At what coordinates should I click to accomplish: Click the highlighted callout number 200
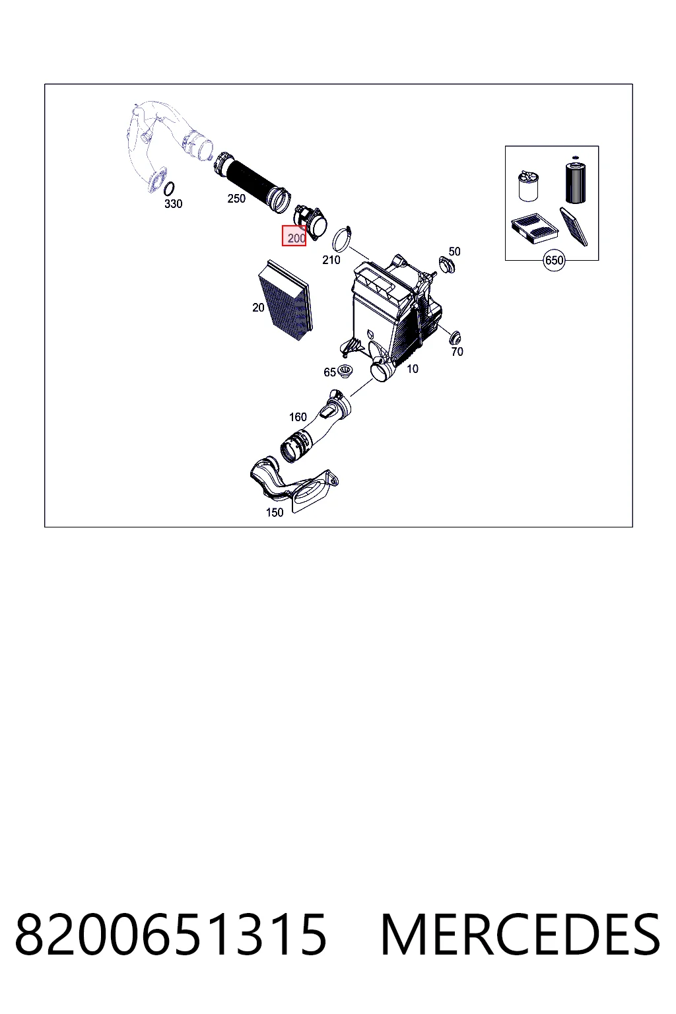click(296, 238)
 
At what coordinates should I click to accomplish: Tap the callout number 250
click(236, 198)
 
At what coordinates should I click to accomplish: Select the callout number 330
click(174, 204)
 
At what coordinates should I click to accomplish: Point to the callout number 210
click(331, 260)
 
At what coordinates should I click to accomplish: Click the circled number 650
click(555, 260)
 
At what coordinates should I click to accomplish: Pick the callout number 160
click(298, 417)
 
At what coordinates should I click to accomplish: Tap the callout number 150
click(275, 512)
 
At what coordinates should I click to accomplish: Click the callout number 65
click(329, 372)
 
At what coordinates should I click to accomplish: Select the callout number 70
click(457, 352)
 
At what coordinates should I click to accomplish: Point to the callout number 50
click(455, 252)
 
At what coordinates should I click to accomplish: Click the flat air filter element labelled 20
click(285, 300)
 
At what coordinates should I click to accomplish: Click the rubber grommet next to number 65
click(345, 371)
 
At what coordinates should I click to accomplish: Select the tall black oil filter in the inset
click(576, 181)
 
